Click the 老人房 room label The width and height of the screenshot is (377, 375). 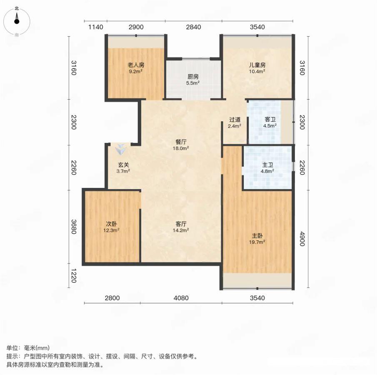[x=136, y=65]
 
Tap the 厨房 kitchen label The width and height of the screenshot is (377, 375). [x=193, y=77]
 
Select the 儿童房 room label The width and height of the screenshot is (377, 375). [x=257, y=65]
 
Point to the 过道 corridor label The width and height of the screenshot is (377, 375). [x=235, y=120]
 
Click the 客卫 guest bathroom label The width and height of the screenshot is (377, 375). [x=270, y=119]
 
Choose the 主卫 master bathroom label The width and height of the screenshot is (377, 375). [x=267, y=165]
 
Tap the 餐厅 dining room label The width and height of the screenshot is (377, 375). [x=181, y=142]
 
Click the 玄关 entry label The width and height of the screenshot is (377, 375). [x=123, y=165]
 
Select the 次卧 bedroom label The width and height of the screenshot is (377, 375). [x=112, y=224]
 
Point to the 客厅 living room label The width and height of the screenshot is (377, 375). [x=181, y=224]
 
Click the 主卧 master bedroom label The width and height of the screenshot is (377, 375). [x=257, y=236]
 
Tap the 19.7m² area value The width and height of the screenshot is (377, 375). [x=257, y=242]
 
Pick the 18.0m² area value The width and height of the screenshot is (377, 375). [x=181, y=148]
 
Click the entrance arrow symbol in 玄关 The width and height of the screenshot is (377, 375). [x=120, y=149]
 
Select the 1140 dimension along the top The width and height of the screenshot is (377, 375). [x=96, y=27]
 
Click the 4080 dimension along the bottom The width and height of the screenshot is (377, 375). [x=181, y=298]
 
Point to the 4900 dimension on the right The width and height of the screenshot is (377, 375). [x=302, y=239]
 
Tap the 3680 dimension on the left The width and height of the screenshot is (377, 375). [x=74, y=227]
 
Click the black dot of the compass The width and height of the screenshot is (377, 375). [x=17, y=21]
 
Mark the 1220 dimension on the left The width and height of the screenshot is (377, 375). [x=74, y=276]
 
